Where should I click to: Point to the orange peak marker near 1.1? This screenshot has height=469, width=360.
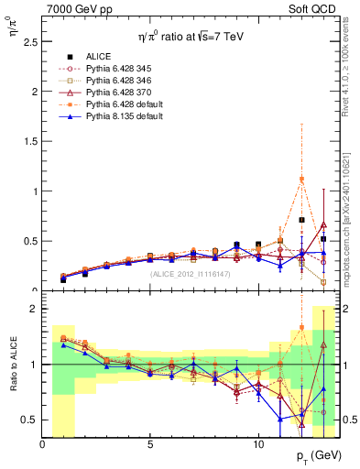point(301,180)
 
